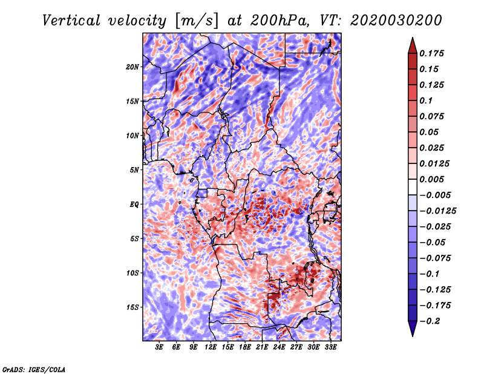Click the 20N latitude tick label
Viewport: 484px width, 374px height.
[132, 67]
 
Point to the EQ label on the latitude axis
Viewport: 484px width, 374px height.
[134, 205]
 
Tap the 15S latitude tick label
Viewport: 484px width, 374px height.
[132, 307]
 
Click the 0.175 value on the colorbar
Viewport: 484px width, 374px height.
[433, 53]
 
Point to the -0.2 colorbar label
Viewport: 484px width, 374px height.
[431, 321]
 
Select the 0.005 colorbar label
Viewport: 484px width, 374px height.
[433, 180]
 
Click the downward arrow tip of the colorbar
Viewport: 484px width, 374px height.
[411, 335]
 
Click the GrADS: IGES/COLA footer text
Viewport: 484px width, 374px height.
[34, 369]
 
